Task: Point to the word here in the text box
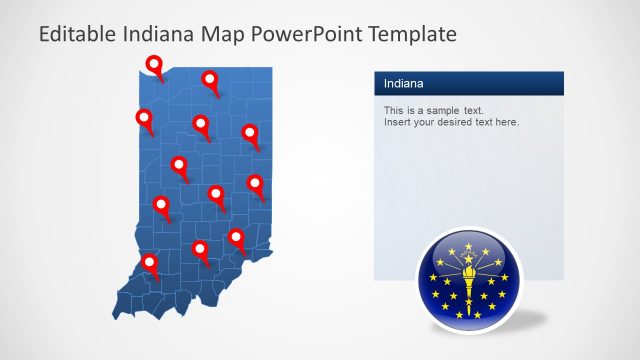pyautogui.click(x=507, y=122)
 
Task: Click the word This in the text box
pyautogui.click(x=394, y=110)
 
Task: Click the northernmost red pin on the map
pyautogui.click(x=154, y=66)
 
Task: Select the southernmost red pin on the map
pyautogui.click(x=150, y=264)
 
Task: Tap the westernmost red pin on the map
pyautogui.click(x=144, y=119)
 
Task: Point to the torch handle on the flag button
pyautogui.click(x=465, y=290)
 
